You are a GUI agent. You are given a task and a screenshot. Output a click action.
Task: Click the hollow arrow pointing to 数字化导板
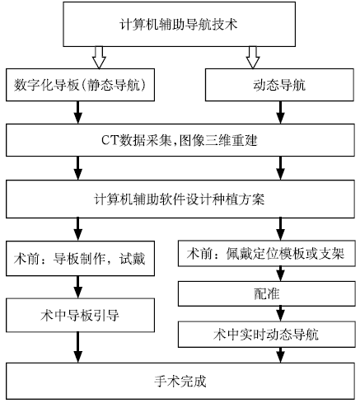tap(99, 58)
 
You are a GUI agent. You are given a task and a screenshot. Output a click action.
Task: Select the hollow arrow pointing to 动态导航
tap(253, 58)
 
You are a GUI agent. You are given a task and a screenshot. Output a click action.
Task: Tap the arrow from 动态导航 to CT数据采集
tap(280, 113)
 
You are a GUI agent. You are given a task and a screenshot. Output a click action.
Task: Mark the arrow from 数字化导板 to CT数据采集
tap(78, 113)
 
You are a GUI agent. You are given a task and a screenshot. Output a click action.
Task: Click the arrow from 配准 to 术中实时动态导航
tap(280, 314)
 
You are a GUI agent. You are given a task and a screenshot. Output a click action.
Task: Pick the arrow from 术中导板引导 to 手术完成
tap(78, 347)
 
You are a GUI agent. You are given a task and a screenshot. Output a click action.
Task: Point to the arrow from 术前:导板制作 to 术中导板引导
tap(78, 287)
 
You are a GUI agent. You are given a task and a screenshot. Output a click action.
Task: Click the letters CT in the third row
tap(110, 140)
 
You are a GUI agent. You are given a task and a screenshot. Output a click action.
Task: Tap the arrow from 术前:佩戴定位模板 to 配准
tap(280, 274)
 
